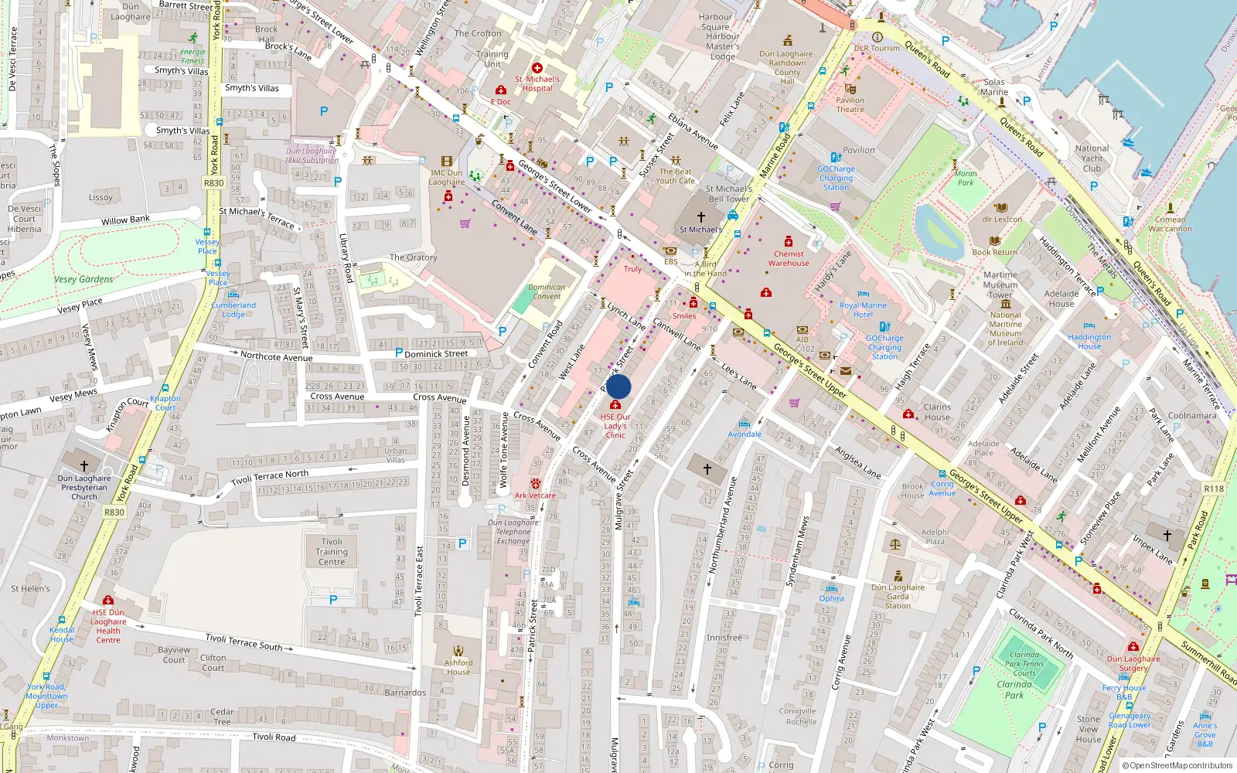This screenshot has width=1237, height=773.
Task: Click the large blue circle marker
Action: tap(618, 386)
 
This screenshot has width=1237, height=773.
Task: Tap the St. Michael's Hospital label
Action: tap(537, 83)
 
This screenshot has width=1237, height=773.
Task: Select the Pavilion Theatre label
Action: tap(850, 104)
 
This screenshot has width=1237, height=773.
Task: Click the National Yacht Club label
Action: tap(1092, 158)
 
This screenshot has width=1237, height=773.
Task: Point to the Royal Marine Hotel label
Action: tap(863, 310)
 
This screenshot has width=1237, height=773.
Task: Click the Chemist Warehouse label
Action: tap(789, 258)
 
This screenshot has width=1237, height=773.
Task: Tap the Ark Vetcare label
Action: tap(535, 495)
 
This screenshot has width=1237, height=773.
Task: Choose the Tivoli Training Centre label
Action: tap(332, 551)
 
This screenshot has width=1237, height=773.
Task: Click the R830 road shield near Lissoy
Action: tap(213, 183)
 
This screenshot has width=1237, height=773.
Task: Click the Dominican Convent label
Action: tap(547, 291)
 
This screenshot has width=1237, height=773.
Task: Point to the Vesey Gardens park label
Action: tap(83, 279)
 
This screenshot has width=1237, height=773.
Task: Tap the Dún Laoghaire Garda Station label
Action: tap(898, 596)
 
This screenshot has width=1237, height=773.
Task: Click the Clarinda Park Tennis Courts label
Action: tap(1024, 663)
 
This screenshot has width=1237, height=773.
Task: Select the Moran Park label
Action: tap(966, 178)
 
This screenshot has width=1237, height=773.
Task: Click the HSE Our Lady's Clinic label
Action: tap(615, 426)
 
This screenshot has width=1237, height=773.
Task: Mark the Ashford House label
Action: tap(458, 667)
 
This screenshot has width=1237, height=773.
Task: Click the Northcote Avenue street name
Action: tap(276, 356)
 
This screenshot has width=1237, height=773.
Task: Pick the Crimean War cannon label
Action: tap(1170, 223)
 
